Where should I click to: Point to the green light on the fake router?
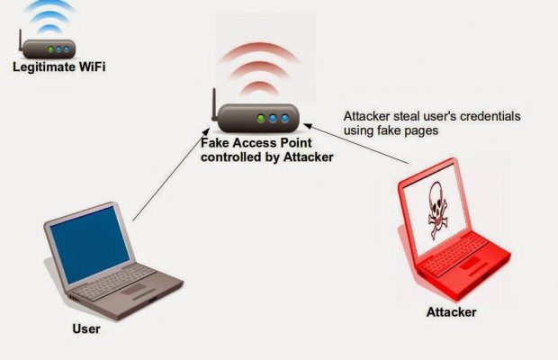261,118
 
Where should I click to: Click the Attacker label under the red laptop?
451,312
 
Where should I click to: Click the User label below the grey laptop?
85,328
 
